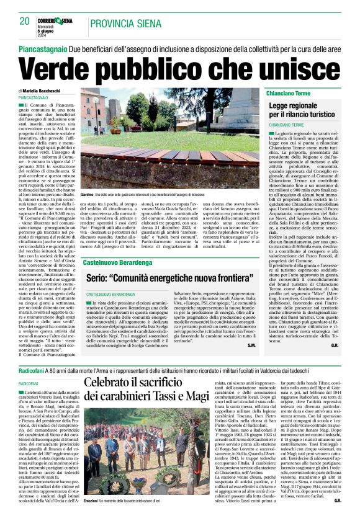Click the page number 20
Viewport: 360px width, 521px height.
click(x=24, y=22)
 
